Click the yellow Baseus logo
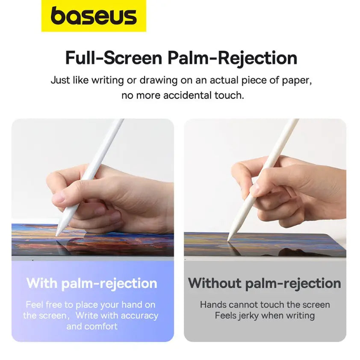pos(94,16)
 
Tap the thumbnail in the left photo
pos(59,198)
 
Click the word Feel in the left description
pos(34,305)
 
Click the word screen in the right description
pos(316,305)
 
